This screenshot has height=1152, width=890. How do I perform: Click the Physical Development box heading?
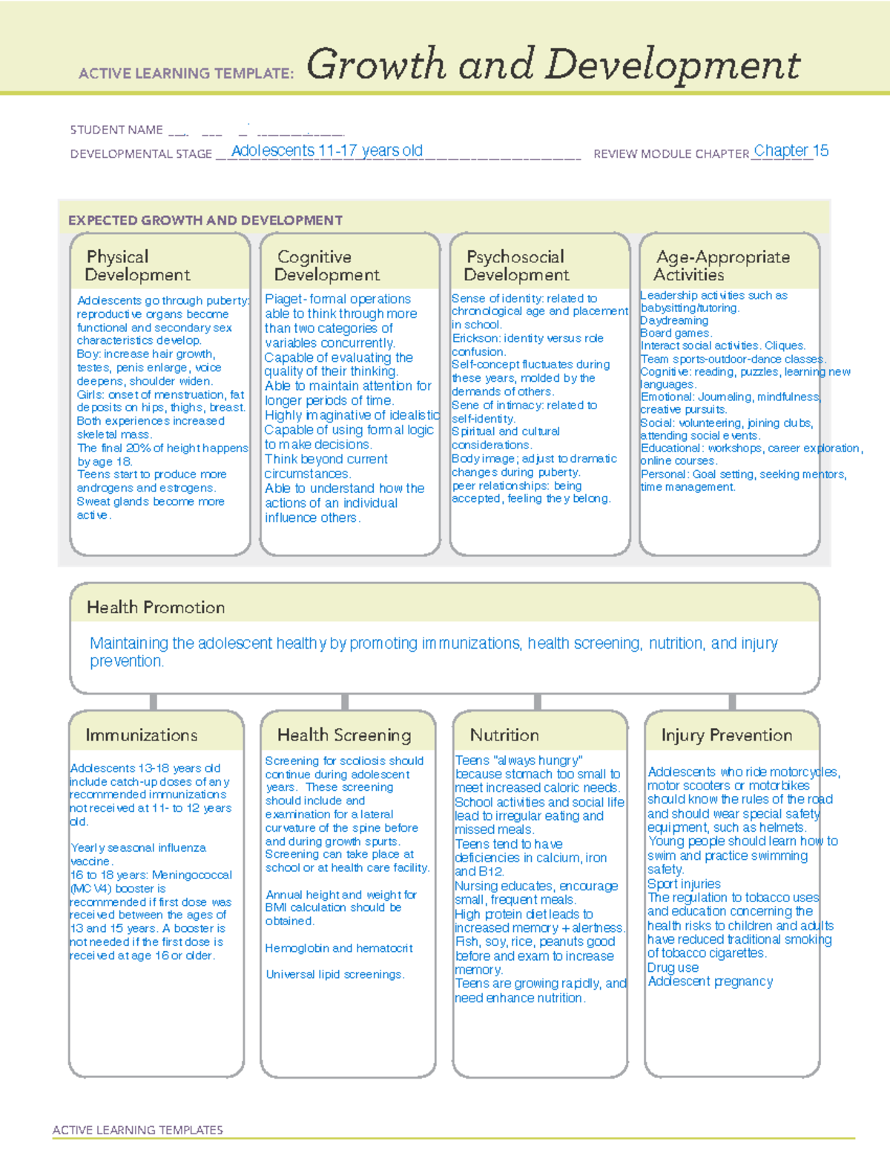(137, 265)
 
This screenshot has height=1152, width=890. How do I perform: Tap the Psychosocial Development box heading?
(516, 265)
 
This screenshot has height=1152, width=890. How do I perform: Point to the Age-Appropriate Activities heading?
(722, 265)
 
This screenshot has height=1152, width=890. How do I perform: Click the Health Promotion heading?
(156, 607)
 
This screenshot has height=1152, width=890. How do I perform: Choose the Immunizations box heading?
(142, 735)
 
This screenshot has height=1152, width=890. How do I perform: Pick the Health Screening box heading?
(344, 735)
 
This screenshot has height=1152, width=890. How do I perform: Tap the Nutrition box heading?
(504, 735)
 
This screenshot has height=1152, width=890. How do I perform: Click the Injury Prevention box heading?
(727, 735)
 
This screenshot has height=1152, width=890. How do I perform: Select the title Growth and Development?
(553, 64)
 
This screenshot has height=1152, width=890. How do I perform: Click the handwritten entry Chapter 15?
(791, 150)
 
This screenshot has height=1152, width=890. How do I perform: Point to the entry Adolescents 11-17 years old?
(327, 150)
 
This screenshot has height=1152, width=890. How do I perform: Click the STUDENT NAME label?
(116, 130)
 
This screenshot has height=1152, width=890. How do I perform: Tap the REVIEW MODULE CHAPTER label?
(671, 154)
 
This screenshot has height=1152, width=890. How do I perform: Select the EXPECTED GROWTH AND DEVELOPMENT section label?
(205, 220)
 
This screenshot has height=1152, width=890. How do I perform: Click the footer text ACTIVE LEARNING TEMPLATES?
(138, 1130)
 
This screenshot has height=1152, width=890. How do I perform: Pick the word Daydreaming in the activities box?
(674, 320)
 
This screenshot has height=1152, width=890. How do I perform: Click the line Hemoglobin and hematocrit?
(339, 948)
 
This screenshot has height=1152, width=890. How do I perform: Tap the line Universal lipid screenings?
(335, 974)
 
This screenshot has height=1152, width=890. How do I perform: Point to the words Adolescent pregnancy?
(711, 981)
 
